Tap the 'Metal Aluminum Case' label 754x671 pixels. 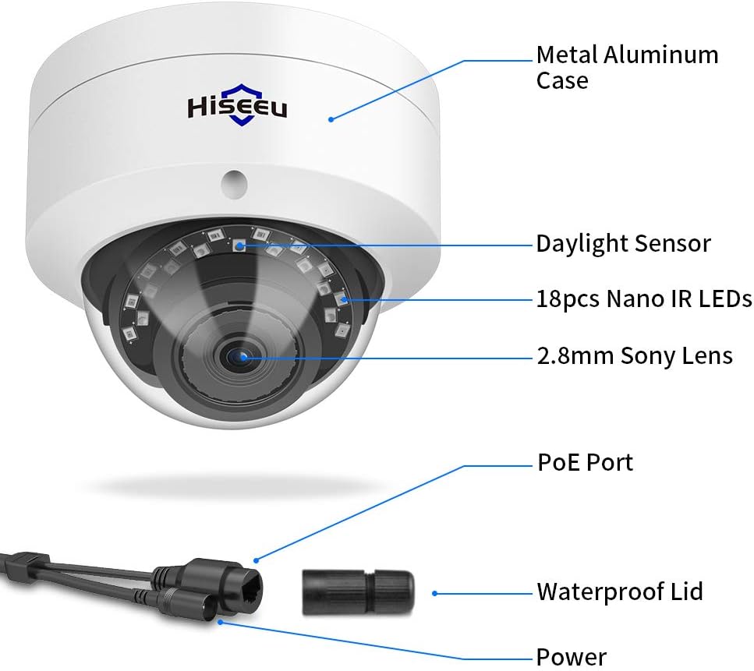(x=627, y=67)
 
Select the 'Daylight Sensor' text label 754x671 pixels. (x=623, y=243)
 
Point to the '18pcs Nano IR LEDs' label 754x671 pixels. (x=643, y=298)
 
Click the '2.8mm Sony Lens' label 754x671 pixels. (x=634, y=356)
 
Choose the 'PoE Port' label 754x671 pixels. (x=586, y=462)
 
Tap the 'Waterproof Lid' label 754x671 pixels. (x=620, y=592)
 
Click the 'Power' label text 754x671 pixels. (x=572, y=657)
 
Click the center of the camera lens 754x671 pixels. (x=239, y=356)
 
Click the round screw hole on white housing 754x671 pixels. (x=233, y=181)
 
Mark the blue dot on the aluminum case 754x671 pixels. (x=331, y=119)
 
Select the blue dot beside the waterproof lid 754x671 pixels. (x=434, y=593)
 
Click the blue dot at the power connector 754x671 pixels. (x=221, y=621)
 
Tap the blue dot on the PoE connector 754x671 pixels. (x=257, y=559)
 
